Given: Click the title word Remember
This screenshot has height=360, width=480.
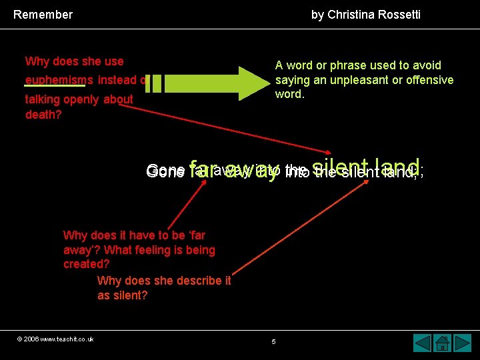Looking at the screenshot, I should tap(43, 14).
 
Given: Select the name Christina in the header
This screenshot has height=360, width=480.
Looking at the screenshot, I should tap(349, 14).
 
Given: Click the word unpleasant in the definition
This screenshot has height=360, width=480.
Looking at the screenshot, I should tap(347, 80).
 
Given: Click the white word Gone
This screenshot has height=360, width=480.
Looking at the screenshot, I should tap(165, 171).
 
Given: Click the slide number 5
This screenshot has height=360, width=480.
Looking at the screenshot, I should tap(273, 342).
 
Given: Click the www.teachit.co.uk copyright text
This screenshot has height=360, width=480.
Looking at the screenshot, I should tap(55, 339).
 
